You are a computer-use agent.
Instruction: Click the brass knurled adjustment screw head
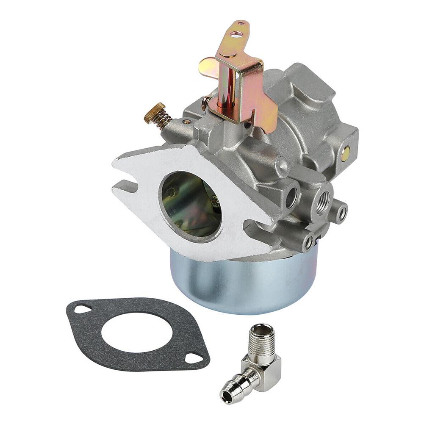coord(149,113)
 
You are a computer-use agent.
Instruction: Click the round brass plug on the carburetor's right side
coord(346,153)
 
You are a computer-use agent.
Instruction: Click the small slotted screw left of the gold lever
coord(205,103)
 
